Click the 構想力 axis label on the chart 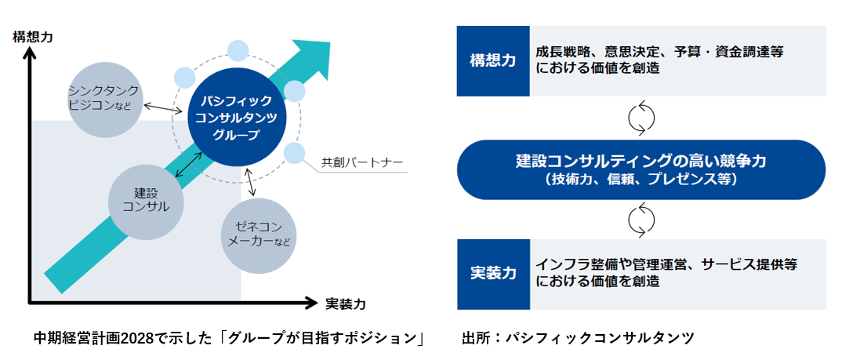pyautogui.click(x=33, y=36)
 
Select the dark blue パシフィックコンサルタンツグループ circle pyautogui.click(x=237, y=118)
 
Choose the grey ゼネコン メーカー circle pyautogui.click(x=258, y=235)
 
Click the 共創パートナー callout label pyautogui.click(x=362, y=164)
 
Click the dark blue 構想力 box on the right pyautogui.click(x=493, y=61)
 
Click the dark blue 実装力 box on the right pyautogui.click(x=493, y=274)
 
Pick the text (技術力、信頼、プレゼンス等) pyautogui.click(x=641, y=180)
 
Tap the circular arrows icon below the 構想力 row pyautogui.click(x=641, y=118)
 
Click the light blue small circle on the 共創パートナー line pyautogui.click(x=293, y=153)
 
